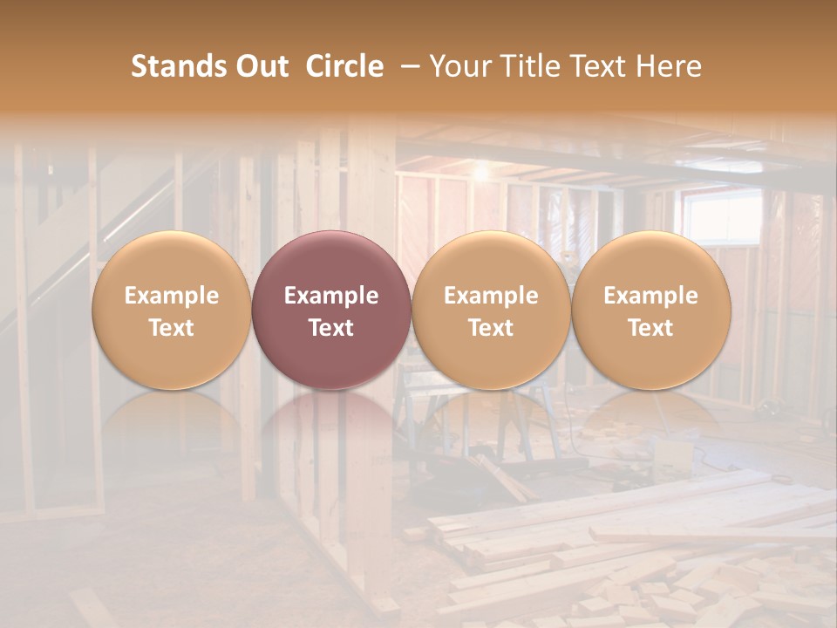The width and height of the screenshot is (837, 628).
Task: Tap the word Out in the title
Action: pos(260,66)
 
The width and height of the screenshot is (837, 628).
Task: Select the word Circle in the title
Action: pos(344,66)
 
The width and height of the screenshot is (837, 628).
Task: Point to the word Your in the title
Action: pos(459,66)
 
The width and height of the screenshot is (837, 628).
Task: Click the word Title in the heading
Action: pos(529,66)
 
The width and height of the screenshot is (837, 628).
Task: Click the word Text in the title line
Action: pos(602,66)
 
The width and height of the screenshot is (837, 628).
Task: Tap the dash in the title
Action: pos(409,67)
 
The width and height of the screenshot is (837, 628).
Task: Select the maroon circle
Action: pos(331,311)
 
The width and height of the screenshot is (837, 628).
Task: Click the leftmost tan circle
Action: pos(171,311)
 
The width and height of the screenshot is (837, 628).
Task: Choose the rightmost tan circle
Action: pos(650,311)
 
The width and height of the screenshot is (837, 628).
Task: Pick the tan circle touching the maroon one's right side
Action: pos(491,311)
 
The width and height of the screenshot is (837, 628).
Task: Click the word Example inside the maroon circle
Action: pos(331,296)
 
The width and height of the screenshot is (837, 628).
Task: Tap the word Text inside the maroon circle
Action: pos(331,328)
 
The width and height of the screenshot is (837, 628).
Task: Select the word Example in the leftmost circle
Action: pos(171,296)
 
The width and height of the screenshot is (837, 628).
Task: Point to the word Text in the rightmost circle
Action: pos(650,328)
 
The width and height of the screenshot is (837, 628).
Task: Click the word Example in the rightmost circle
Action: pos(650,296)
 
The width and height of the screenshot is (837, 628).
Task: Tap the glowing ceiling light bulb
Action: pos(480,173)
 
